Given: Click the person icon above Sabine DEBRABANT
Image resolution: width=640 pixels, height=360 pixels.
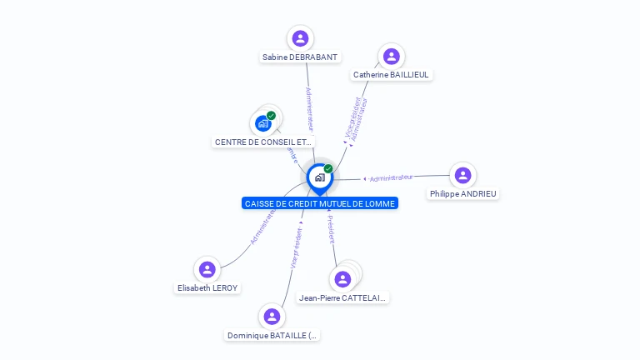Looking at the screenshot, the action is [x=300, y=38].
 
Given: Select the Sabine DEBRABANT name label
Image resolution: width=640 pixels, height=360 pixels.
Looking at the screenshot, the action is [x=300, y=57].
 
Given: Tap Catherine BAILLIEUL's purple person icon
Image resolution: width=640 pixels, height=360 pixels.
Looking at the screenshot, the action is [x=391, y=56].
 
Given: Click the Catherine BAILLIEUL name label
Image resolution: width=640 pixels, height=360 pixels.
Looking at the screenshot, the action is [x=391, y=75].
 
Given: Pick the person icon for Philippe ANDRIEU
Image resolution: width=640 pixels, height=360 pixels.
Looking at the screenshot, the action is [x=462, y=175].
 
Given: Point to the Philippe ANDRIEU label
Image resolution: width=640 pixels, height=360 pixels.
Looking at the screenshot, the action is [x=462, y=194].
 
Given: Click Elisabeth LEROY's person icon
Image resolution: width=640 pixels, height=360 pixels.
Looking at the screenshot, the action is [x=207, y=269].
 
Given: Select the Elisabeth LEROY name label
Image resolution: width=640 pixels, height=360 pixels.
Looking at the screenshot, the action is [x=207, y=288].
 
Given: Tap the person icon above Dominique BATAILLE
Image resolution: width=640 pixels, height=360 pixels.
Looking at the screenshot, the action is [x=271, y=317].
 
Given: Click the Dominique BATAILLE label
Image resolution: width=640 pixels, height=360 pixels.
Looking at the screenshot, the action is [x=272, y=336].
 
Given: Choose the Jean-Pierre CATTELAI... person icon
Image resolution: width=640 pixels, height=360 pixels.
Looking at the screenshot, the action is [x=342, y=279].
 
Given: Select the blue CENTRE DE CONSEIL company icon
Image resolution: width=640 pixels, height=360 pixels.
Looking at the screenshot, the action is [x=263, y=124].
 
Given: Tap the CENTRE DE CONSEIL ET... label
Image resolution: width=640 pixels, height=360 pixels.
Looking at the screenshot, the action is [x=264, y=142].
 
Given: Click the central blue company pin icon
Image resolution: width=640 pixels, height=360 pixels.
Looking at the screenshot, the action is [x=318, y=177].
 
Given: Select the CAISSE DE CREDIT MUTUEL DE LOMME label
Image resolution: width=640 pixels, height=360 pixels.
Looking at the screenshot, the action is [x=320, y=203].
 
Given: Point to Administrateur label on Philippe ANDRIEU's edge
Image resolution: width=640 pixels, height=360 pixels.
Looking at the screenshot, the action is [x=391, y=177].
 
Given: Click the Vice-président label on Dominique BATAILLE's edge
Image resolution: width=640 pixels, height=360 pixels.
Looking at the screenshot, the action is [x=296, y=247].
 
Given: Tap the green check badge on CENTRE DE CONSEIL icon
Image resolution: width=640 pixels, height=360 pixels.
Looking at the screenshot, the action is [x=271, y=116].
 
